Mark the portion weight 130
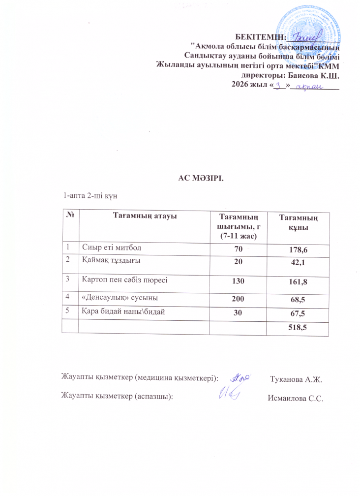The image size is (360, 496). pos(239,280)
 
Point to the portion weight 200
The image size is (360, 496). pos(239,298)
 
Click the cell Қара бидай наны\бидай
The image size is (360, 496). pos(122,311)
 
